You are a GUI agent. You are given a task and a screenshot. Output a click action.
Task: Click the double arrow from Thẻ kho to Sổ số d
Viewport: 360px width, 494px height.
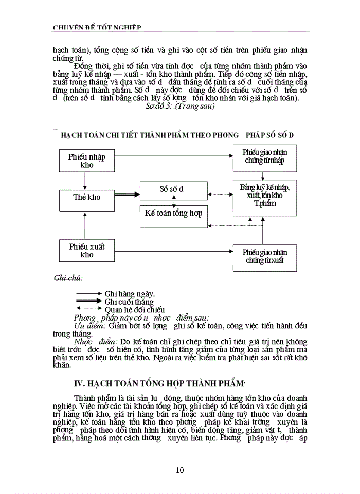pyautogui.click(x=127, y=195)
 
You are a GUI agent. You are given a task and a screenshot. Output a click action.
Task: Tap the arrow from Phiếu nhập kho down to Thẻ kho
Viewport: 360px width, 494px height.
pyautogui.click(x=84, y=181)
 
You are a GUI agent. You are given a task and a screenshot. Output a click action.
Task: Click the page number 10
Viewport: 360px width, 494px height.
pyautogui.click(x=179, y=469)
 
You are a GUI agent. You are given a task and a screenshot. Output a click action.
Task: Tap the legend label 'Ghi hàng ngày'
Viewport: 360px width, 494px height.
pyautogui.click(x=130, y=294)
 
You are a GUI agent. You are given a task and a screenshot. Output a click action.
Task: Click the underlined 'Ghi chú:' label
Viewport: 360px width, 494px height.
pyautogui.click(x=68, y=278)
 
